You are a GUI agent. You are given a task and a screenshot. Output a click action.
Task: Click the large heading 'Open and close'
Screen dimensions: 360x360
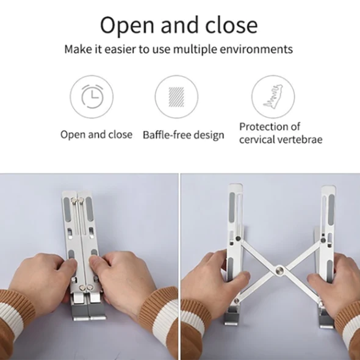pyautogui.click(x=179, y=25)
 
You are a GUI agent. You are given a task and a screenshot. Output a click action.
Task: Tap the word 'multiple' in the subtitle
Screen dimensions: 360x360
pyautogui.click(x=195, y=49)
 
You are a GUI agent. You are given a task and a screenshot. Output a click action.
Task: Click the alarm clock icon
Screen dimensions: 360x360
pyautogui.click(x=92, y=96)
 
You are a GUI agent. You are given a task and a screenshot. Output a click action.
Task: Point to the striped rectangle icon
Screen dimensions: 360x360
pyautogui.click(x=176, y=97)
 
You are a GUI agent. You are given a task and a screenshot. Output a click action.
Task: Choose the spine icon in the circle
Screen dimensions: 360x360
pyautogui.click(x=273, y=96)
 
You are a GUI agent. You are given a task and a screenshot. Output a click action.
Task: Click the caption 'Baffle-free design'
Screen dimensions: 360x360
pyautogui.click(x=184, y=135)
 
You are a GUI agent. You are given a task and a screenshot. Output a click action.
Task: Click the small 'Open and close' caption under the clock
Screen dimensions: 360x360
pyautogui.click(x=96, y=134)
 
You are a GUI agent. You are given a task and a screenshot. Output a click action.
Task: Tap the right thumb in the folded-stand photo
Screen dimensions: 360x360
pyautogui.click(x=96, y=261)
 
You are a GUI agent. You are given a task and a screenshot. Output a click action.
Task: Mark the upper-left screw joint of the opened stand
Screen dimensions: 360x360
pyautogui.click(x=239, y=239)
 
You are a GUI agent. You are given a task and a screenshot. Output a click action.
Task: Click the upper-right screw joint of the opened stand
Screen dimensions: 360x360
pyautogui.click(x=323, y=240)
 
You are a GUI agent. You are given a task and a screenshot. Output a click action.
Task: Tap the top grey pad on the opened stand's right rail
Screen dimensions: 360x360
pyautogui.click(x=331, y=207)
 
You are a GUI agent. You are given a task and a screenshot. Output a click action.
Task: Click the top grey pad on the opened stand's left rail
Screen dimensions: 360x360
pyautogui.click(x=232, y=207)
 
